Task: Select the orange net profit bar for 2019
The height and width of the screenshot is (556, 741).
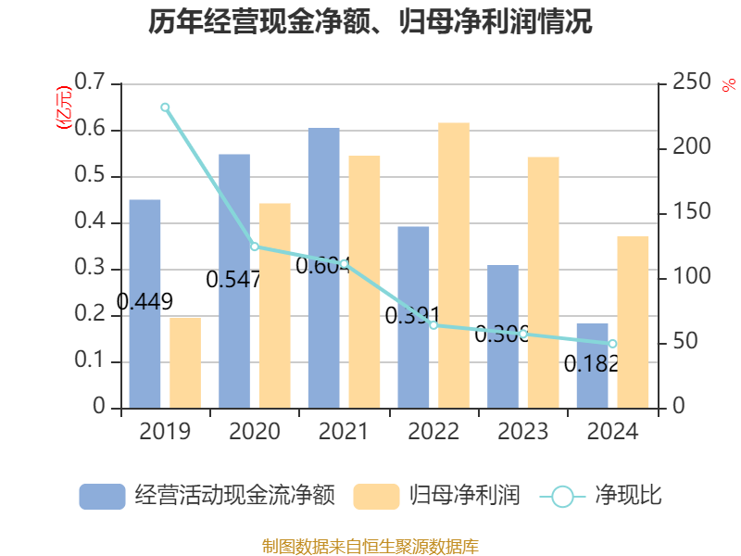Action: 185,362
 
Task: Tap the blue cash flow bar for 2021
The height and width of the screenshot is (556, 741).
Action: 324,268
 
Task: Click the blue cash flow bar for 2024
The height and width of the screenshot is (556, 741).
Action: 593,365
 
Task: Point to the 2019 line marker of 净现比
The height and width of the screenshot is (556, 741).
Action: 165,107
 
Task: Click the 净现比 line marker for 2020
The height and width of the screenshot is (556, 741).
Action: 254,246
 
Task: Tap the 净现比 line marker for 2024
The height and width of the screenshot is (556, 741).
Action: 612,344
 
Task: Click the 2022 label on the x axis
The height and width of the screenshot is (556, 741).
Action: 433,432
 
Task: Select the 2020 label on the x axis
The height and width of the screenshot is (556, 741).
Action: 254,432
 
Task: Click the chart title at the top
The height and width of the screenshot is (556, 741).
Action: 370,22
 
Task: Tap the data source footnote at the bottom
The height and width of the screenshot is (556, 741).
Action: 370,546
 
